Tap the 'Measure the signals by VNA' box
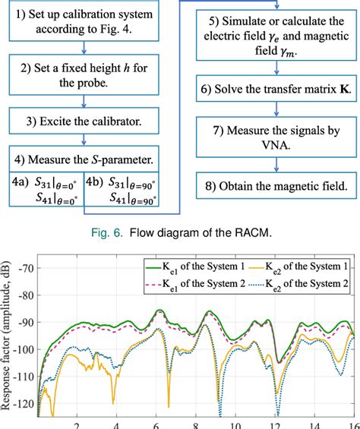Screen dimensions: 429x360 [275, 138]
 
